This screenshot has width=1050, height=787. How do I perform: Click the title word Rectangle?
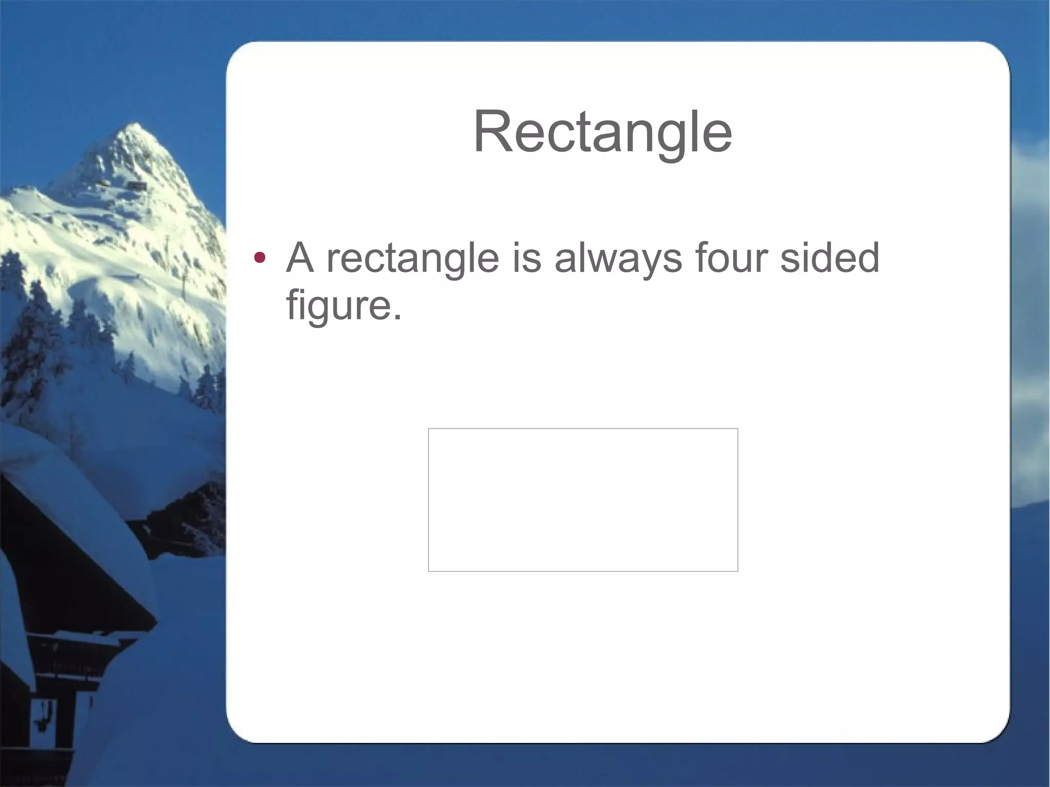602,132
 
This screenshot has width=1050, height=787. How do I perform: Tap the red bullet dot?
260,257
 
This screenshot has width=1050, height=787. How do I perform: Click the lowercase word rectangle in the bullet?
413,259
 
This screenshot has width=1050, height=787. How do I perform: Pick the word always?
618,259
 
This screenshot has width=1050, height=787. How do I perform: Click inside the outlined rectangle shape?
583,500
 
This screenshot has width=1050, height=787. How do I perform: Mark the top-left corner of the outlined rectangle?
429,429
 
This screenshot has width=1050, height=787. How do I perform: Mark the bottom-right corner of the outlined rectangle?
738,571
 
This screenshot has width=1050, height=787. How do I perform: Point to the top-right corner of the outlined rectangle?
738,429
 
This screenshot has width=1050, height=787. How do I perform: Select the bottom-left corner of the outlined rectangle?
429,571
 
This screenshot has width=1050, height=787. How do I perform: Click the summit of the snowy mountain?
134,125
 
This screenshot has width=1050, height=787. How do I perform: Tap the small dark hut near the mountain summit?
136,185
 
